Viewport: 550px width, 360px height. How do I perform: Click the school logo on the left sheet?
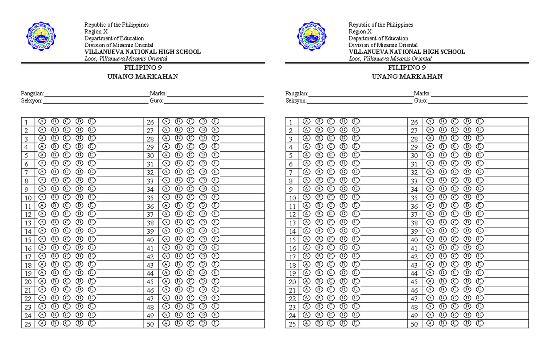pos(44,37)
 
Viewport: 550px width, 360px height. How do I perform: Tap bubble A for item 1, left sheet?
pos(42,122)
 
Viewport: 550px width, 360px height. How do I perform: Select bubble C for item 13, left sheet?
pos(67,222)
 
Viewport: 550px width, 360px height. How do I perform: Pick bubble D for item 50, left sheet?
pos(203,323)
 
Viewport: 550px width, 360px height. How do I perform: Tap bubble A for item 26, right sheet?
pos(430,122)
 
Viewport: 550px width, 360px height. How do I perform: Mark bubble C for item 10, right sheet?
pos(331,197)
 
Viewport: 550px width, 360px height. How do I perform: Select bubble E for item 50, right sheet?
pos(479,323)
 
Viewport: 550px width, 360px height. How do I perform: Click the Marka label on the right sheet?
pos(422,94)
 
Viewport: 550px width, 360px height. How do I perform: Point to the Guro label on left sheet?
pos(156,101)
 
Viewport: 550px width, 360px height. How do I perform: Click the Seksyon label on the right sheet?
pos(296,101)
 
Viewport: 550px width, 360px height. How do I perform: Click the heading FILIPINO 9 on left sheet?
pos(143,68)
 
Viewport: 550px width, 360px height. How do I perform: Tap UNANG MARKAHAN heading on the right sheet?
pos(407,77)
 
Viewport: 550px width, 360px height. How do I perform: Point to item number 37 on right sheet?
pos(414,215)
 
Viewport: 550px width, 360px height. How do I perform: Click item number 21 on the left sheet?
pos(27,290)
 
